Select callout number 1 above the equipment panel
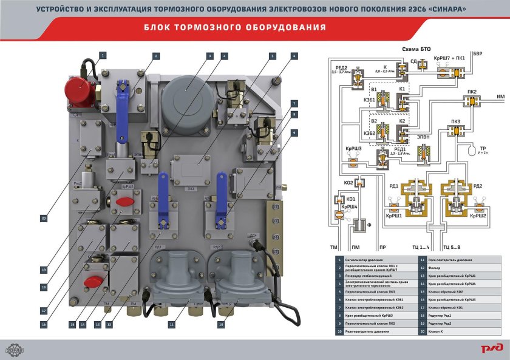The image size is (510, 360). pos(103,55)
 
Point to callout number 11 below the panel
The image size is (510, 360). pos(172,325)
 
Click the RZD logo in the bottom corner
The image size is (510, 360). pos(489,347)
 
